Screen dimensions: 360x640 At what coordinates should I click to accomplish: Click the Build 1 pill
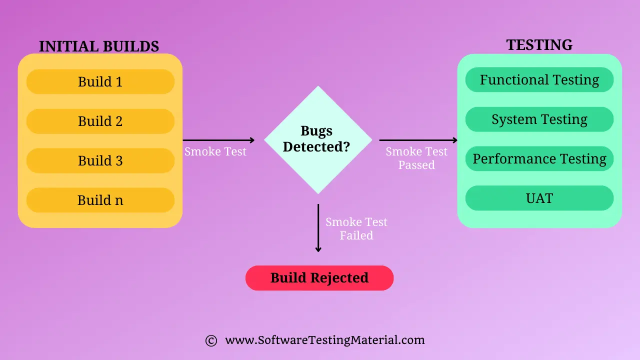point(100,81)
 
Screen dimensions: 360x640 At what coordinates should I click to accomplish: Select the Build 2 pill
point(100,121)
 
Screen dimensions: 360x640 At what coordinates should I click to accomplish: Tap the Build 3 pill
point(100,160)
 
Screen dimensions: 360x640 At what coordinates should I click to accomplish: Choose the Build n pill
point(100,200)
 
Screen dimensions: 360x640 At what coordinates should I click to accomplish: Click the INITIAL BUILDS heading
point(99,46)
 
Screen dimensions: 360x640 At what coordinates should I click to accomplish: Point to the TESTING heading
point(539,45)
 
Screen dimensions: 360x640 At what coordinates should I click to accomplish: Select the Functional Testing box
point(539,80)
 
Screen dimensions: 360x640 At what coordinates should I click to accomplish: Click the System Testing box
point(539,119)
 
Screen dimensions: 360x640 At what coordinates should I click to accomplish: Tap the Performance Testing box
point(539,159)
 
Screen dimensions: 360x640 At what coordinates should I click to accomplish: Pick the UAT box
point(539,198)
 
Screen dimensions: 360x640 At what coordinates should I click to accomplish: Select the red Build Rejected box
point(319,278)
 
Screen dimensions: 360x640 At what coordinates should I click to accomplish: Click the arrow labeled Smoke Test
point(218,140)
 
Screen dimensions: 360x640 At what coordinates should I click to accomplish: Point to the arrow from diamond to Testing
point(418,140)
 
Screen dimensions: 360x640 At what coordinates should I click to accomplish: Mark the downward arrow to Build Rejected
point(318,228)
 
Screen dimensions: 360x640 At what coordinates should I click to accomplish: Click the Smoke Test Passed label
point(416,158)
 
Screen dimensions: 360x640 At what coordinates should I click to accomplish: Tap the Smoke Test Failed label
point(356,228)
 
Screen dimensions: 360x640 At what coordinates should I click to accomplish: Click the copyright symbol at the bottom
point(211,340)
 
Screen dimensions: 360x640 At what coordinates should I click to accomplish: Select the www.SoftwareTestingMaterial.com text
point(325,340)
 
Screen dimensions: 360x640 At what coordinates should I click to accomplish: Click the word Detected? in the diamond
point(316,147)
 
